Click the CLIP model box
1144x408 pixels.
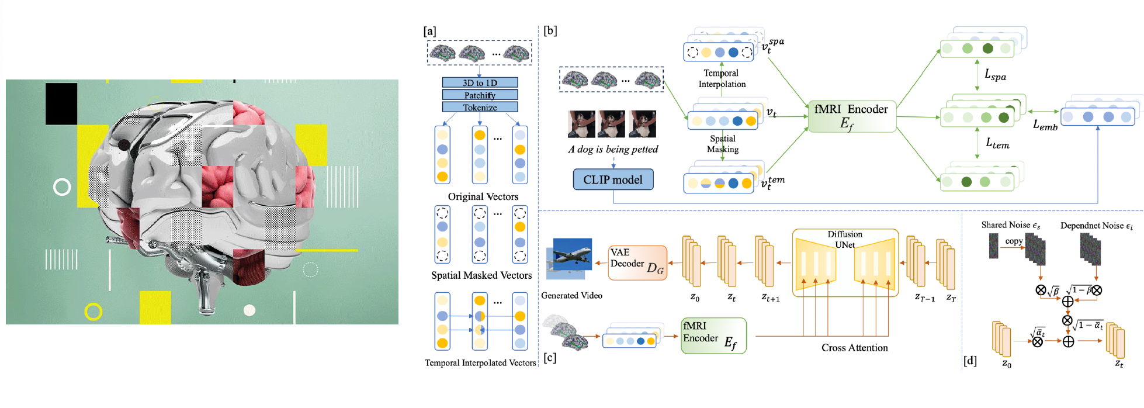click(x=613, y=180)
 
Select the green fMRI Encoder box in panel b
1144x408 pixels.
click(x=851, y=116)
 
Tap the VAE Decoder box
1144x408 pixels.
click(x=637, y=263)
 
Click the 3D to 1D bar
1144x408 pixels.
click(x=480, y=82)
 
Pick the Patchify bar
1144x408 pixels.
click(x=480, y=95)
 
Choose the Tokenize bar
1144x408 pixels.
click(x=480, y=107)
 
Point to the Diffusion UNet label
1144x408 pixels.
click(x=844, y=239)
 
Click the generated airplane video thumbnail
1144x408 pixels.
click(x=571, y=258)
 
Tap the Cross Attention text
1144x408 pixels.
click(x=854, y=348)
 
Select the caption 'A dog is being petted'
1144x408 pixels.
click(x=613, y=150)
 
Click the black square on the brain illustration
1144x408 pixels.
click(x=61, y=103)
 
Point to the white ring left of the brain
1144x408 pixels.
click(x=62, y=187)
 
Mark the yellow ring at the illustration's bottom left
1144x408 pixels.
click(x=93, y=312)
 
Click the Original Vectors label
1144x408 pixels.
click(x=483, y=197)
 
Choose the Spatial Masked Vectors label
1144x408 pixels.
click(x=481, y=275)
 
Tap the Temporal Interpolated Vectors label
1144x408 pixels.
click(x=480, y=363)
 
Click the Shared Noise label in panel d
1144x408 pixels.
click(x=1010, y=225)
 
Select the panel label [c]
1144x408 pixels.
click(x=550, y=358)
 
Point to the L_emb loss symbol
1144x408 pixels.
click(x=1045, y=125)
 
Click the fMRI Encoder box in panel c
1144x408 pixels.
click(x=713, y=336)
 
